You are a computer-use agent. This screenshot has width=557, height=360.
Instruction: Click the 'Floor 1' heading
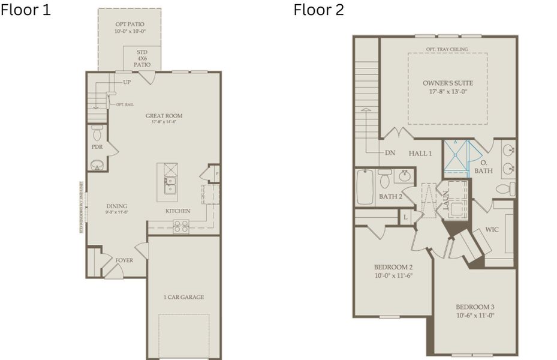coord(25,10)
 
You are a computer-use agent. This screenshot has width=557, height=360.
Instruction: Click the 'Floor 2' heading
coord(318,10)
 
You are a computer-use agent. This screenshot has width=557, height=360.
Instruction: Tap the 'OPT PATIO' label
coord(130,25)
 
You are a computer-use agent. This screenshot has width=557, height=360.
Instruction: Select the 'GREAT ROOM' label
coord(164,116)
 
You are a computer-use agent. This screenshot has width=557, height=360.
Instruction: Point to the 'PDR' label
coord(97,146)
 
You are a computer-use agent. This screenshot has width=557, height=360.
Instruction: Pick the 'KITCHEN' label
coord(178,211)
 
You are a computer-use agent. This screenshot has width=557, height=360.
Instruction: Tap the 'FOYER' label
coord(124,260)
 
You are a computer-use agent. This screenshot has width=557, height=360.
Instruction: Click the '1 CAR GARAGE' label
coord(183,297)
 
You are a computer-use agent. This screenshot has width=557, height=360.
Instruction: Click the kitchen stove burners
coord(180,226)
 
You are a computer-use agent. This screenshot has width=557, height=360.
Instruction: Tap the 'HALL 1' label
coord(420,154)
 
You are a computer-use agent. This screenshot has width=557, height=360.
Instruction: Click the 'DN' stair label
coord(390,152)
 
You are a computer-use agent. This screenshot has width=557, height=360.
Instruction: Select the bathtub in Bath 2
coord(365,187)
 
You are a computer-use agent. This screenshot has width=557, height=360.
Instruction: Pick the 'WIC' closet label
coord(492,229)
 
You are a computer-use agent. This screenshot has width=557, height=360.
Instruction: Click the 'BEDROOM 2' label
coord(393,267)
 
